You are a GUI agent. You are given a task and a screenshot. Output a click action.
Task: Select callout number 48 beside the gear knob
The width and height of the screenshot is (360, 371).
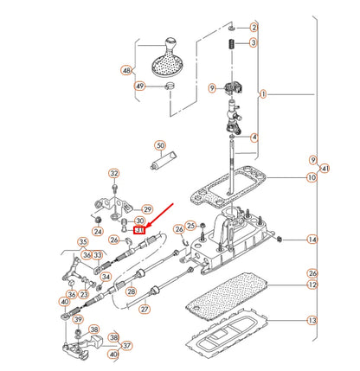tap(128, 71)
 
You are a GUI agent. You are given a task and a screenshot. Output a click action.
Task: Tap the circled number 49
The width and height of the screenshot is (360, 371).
tap(139, 86)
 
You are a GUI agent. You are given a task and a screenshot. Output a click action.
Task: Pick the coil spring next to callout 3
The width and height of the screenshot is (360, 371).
tap(231, 43)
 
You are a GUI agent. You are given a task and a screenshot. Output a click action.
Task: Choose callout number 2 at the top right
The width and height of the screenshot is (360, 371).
tap(253, 28)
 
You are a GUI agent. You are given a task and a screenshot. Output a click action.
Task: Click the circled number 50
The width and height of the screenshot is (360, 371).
tap(159, 145)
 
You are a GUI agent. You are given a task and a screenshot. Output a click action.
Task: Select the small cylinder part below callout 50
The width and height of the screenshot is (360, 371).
tap(162, 163)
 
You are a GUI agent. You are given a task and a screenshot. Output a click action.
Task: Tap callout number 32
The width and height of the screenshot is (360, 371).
tap(113, 174)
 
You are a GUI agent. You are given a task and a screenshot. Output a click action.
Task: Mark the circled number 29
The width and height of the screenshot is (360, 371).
tap(147, 209)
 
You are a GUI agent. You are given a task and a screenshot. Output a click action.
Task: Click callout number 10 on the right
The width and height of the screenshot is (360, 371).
tap(312, 178)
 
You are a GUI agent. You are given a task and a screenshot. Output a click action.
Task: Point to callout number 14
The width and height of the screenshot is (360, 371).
tap(312, 240)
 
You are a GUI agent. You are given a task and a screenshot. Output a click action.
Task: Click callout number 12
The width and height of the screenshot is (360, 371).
tap(312, 285)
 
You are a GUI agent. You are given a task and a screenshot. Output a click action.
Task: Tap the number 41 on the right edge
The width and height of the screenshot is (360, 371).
tap(325, 170)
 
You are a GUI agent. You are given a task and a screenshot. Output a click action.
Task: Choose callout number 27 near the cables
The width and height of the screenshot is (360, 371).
tap(145, 309)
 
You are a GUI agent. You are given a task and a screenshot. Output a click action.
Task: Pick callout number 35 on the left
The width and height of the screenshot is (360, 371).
tap(83, 242)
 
